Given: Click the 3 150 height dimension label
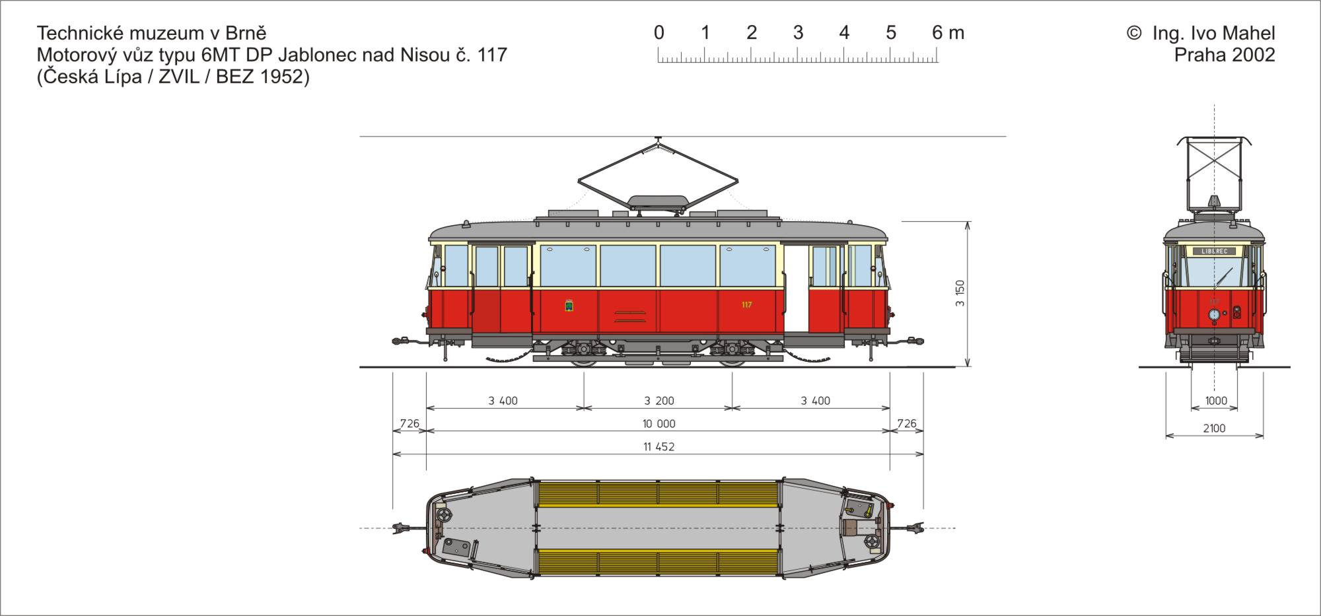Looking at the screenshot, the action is click(960, 293).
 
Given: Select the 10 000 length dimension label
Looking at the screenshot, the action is click(659, 424).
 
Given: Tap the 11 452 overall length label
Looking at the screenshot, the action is click(659, 447).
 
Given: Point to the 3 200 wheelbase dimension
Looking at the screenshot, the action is click(659, 401).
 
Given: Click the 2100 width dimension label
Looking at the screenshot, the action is click(1214, 428).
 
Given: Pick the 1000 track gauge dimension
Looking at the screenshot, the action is click(1216, 401).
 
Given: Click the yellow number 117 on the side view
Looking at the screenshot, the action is click(746, 304).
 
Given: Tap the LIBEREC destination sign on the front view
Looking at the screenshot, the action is click(1214, 251).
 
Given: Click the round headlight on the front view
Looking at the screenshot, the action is click(1214, 315).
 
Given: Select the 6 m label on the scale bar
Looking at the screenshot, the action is click(948, 33).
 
